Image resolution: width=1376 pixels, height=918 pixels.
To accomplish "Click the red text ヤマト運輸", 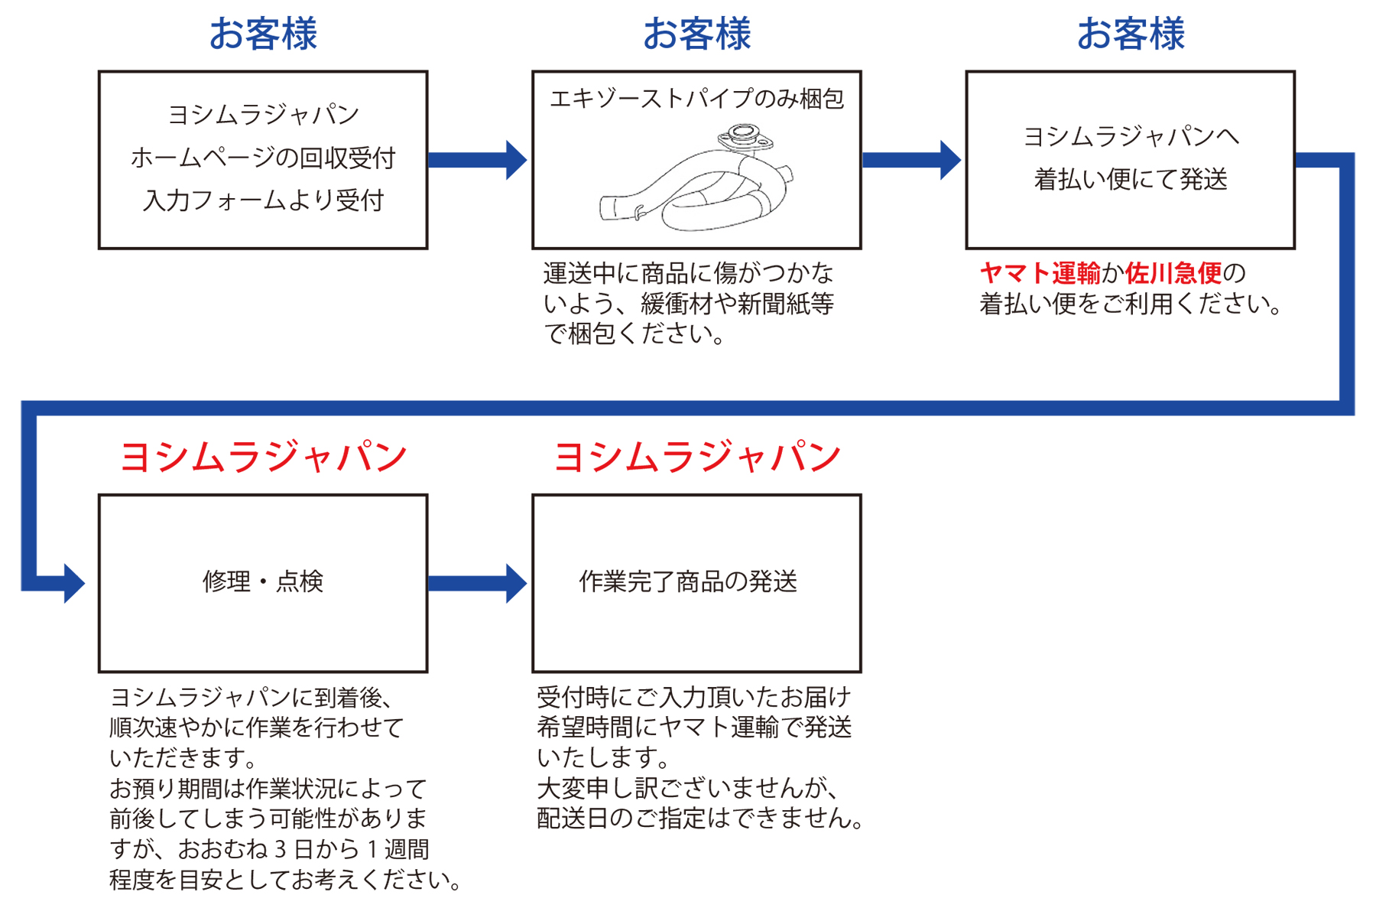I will click(x=1040, y=273).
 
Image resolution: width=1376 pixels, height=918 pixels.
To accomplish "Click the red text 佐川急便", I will click(x=1173, y=273).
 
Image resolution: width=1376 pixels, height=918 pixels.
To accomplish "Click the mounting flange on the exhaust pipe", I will click(x=739, y=138).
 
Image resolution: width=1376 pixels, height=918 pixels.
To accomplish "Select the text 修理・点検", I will click(x=263, y=582).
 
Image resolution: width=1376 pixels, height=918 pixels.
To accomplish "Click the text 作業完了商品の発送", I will click(x=688, y=582).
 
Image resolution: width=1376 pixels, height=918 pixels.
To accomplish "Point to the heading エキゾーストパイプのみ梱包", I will click(x=696, y=99).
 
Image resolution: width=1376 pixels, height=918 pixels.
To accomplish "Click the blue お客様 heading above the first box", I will click(x=263, y=34).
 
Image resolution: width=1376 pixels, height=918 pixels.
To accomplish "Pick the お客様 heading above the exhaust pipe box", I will click(x=696, y=34).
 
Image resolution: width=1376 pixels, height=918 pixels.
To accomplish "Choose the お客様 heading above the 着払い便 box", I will click(x=1131, y=34).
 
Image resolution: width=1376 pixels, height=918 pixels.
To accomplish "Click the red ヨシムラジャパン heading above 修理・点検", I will click(x=263, y=457).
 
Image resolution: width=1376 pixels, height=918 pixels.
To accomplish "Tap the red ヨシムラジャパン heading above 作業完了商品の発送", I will click(x=696, y=457).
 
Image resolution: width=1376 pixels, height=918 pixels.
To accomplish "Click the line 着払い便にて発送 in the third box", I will click(x=1131, y=180).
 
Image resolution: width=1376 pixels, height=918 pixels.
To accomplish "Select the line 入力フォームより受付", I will click(x=263, y=200).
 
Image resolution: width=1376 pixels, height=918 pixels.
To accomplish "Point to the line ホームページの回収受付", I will click(x=263, y=158).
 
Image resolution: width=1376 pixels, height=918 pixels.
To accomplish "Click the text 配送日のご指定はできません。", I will click(x=700, y=819).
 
